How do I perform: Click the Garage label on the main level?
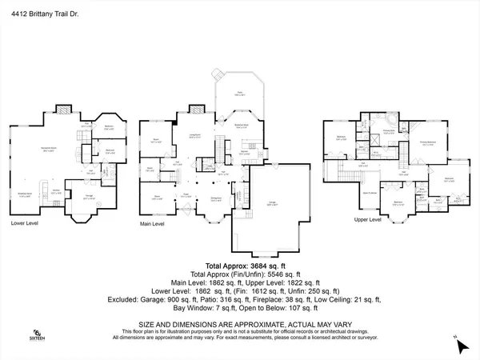272,206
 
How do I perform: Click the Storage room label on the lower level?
86,196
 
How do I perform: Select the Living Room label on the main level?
194,137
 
